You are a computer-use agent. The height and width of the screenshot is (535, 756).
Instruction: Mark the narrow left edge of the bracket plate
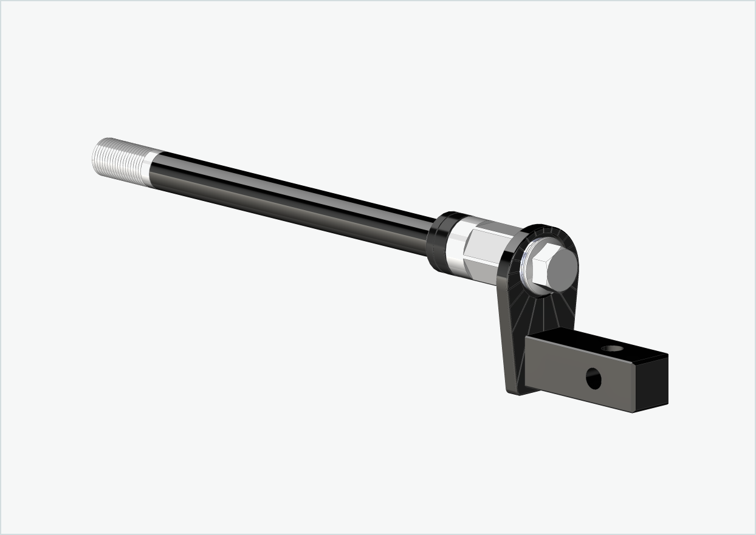(x=504, y=316)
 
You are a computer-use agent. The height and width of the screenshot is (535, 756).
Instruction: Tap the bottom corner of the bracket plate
(x=514, y=391)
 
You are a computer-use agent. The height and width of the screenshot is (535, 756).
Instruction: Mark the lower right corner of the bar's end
(x=667, y=403)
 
